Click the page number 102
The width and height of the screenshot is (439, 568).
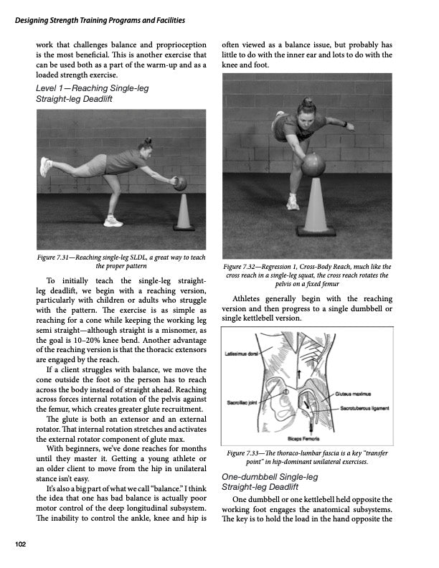(x=21, y=545)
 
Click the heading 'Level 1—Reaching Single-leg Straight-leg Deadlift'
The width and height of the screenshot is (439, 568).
(x=85, y=93)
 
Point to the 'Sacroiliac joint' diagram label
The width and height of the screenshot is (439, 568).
(x=244, y=403)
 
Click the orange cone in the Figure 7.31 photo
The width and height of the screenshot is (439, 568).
(x=184, y=213)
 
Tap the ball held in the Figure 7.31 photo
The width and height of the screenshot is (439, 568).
(x=180, y=184)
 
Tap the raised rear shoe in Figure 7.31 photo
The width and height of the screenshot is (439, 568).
(x=46, y=167)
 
